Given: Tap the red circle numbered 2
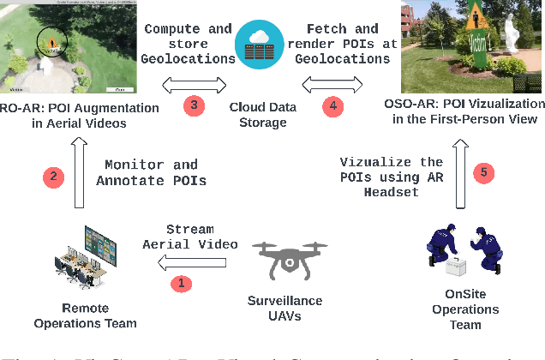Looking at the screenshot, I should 55,177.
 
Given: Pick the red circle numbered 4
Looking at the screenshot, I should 332,105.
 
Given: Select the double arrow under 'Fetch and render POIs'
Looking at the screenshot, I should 332,84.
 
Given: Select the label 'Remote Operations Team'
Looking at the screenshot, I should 86,315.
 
